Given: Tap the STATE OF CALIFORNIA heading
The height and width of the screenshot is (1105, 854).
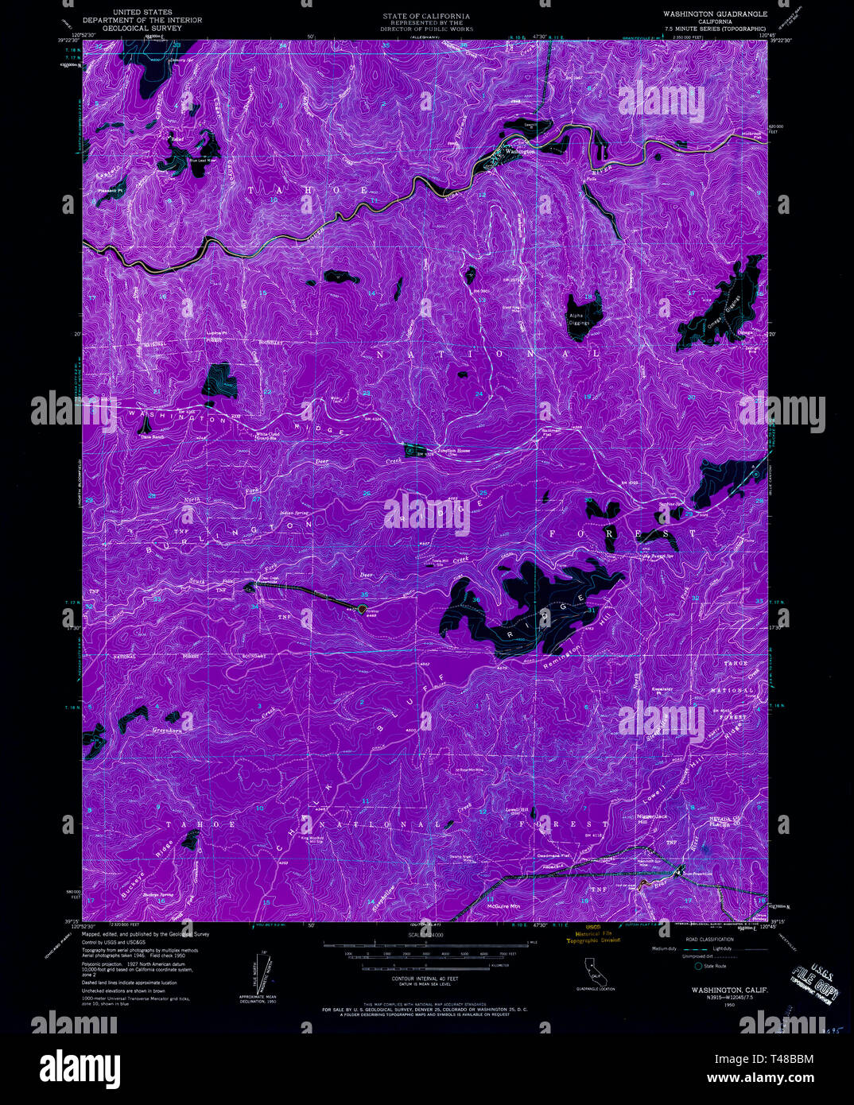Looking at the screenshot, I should point(425,16).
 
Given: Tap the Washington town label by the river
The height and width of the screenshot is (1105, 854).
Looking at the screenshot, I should point(520,151).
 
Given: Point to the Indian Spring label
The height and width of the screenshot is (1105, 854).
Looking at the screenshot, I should point(295,514).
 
